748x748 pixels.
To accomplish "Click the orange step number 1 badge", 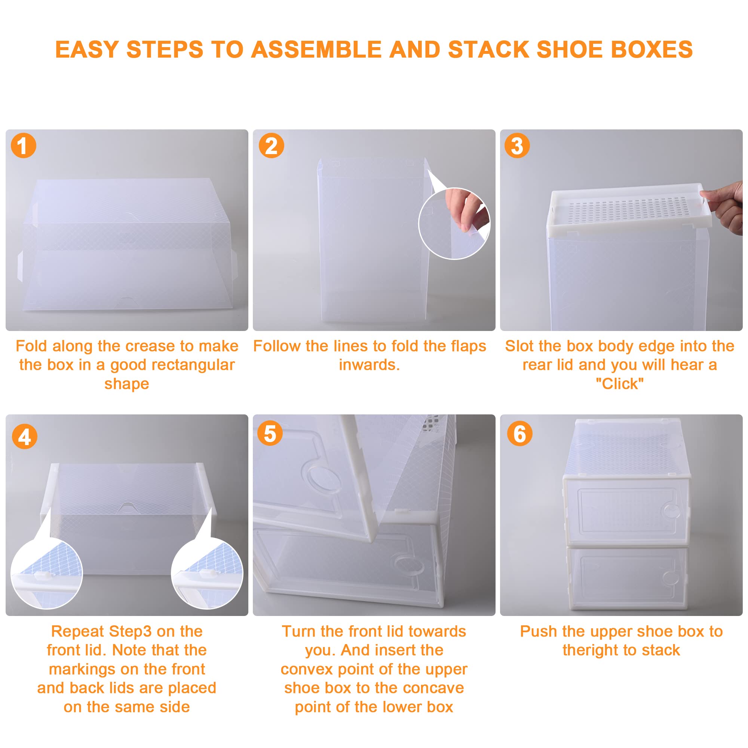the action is [24, 145].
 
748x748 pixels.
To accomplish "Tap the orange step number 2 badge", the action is [271, 145].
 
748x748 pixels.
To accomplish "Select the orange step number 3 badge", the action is [517, 145].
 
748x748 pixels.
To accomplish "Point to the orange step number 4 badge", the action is [24, 437].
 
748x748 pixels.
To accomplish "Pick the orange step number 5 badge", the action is [270, 433].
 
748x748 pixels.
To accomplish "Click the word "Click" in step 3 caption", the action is [619, 384].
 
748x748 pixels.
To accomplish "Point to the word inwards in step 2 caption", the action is [370, 365].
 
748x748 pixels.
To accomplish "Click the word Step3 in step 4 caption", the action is [130, 631].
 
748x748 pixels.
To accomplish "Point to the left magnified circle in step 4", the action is [46, 573].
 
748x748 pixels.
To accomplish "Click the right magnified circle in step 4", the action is [207, 573].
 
